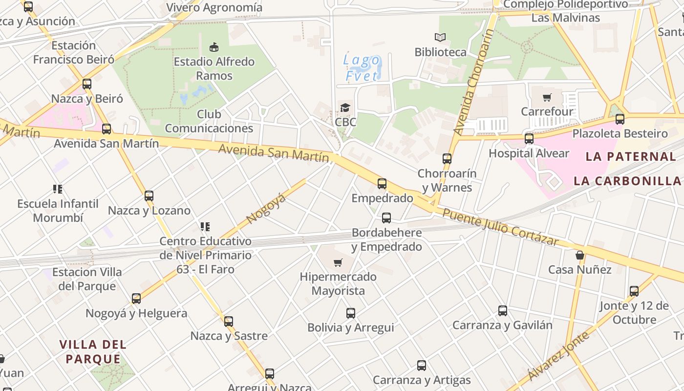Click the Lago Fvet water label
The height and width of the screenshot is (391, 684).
point(362,68)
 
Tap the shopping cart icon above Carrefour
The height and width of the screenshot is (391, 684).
point(547,97)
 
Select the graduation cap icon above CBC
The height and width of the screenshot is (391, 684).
point(345,108)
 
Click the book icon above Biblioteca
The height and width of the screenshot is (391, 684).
point(440,37)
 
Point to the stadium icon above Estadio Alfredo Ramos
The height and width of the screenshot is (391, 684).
point(214,47)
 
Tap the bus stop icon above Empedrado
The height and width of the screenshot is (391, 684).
point(382,184)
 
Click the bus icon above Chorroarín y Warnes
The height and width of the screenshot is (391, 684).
point(447,158)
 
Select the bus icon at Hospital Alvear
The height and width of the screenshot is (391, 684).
point(529,139)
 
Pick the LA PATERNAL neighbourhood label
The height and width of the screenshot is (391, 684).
point(631,157)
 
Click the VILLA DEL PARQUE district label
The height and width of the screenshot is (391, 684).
point(93,352)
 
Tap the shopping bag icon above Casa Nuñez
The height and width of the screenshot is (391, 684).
point(580,255)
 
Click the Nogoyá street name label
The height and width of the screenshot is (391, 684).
point(266,209)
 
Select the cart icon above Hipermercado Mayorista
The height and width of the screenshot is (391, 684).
point(338,262)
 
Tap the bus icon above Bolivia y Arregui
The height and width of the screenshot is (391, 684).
point(351,313)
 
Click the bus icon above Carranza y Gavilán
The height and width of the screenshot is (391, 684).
point(503,311)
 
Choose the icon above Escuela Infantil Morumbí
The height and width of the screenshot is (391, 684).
point(58,189)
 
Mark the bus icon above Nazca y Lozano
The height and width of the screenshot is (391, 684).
point(149,196)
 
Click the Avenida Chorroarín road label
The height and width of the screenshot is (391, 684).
point(473,82)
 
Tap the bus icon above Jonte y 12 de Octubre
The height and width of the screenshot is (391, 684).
point(634,291)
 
